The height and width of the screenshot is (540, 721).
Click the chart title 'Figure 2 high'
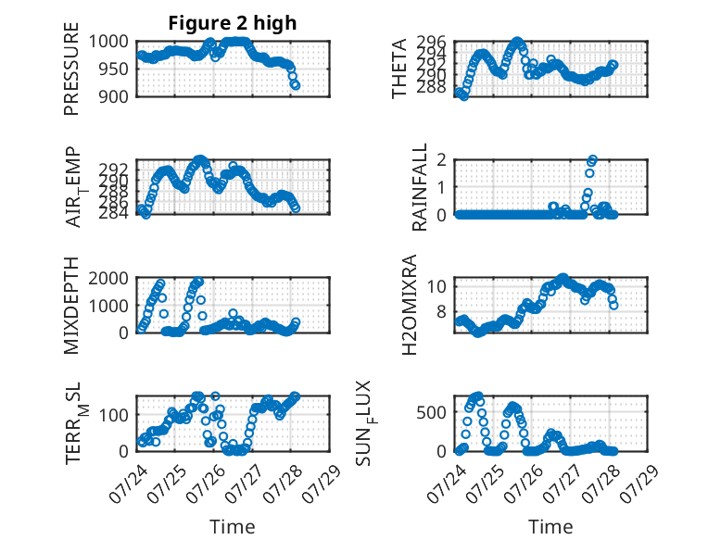coord(233,23)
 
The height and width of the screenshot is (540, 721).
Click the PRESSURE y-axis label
coord(71,69)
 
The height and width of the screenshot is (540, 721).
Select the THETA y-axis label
coord(399,69)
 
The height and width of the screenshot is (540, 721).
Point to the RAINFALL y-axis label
coord(420,187)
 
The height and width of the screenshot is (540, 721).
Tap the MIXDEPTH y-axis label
coord(71,306)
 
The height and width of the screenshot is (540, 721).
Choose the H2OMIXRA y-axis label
coord(409,305)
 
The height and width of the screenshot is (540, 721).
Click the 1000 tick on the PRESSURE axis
coord(108,42)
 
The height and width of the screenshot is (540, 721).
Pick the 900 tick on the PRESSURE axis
coord(114,96)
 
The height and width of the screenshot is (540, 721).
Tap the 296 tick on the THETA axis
coord(431,43)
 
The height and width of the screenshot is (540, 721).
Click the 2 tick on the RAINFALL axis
coord(441,160)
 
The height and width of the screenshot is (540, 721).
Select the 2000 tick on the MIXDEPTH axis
coord(108,278)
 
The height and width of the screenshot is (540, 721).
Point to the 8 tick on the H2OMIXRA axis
coord(441,311)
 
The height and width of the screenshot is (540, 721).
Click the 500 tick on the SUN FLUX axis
coord(431,412)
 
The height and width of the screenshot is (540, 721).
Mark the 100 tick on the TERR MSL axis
coord(114,415)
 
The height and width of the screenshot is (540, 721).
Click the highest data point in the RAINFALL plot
coord(593,159)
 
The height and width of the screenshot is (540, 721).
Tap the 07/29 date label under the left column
coord(323,483)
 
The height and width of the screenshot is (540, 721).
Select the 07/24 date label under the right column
coord(446,483)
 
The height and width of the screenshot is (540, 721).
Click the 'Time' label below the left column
coord(233,526)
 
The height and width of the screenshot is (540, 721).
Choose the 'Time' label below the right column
coord(550,526)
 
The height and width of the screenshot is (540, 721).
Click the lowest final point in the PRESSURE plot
coord(296,85)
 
